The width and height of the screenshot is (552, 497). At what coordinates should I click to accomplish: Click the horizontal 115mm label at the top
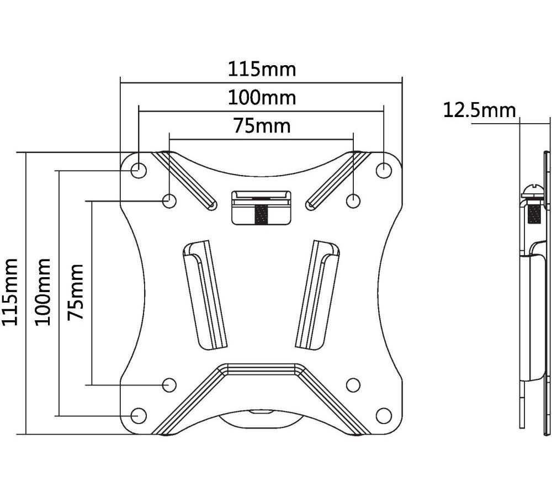tap(262, 70)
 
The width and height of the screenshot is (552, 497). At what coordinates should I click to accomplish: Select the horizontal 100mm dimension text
tap(262, 98)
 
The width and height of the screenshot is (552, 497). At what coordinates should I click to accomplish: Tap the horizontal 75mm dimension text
tap(262, 126)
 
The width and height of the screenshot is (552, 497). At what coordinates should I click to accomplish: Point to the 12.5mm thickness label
tap(479, 110)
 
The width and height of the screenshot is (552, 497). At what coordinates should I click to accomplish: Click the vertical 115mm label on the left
tap(10, 292)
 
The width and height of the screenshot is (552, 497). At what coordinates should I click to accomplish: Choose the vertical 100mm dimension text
tap(43, 292)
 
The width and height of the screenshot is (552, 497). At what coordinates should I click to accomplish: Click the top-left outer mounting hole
tap(139, 171)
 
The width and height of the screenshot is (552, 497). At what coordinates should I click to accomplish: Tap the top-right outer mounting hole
tap(384, 171)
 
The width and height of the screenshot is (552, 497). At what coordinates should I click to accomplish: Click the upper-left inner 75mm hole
tap(169, 201)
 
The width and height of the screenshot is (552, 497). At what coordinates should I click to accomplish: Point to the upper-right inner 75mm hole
tap(353, 201)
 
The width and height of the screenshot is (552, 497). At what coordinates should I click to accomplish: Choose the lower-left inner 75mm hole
tap(169, 385)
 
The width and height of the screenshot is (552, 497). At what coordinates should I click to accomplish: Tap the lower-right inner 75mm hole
tap(353, 385)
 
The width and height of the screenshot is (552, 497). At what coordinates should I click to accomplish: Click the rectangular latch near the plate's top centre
tap(261, 208)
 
